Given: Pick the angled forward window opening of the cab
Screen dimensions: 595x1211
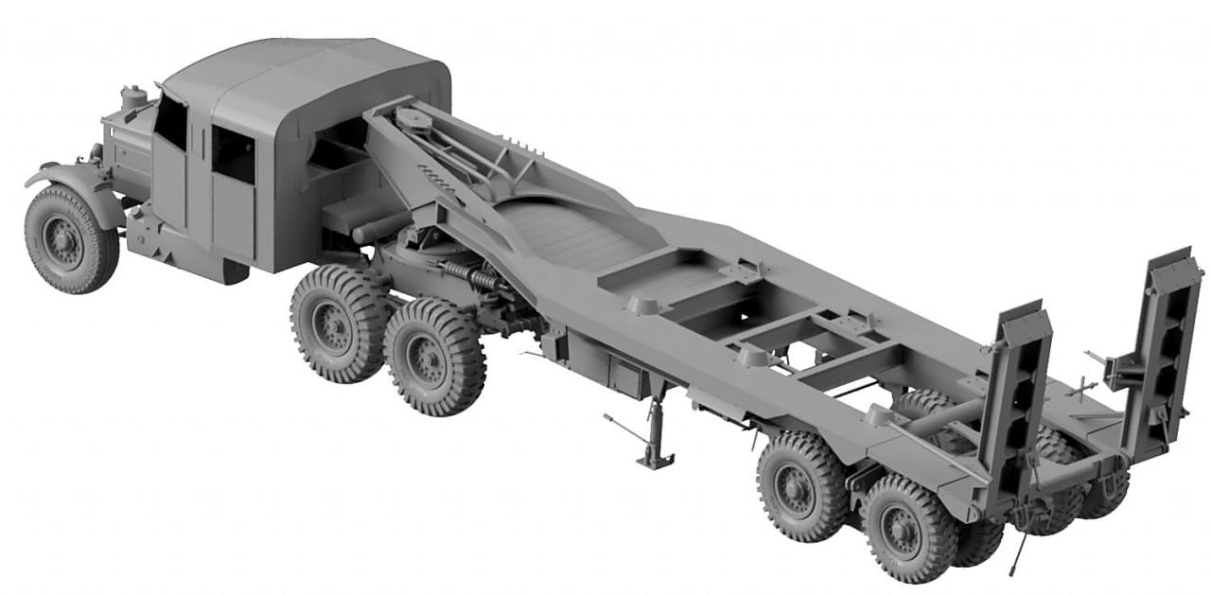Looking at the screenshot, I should coord(171,124).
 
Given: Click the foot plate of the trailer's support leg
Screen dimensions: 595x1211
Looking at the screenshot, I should coord(655,460).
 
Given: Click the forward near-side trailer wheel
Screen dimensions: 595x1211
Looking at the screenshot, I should coord(800,485).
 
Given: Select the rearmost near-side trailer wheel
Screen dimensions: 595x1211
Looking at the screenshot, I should coord(906,529).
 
